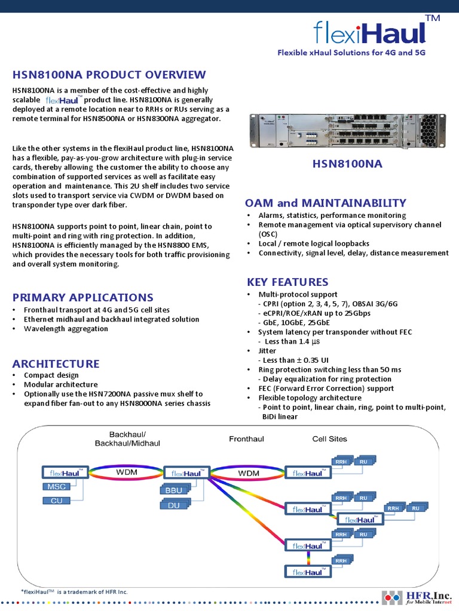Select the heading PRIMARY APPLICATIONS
[83, 297]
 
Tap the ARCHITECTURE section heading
[56, 363]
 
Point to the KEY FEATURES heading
[287, 282]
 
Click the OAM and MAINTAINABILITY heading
[326, 203]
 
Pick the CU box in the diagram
[57, 501]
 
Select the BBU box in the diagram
[175, 490]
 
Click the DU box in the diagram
[173, 505]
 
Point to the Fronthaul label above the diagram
[246, 439]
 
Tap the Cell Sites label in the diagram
[329, 439]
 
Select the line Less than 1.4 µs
[290, 341]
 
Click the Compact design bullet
[51, 375]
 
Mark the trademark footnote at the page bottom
[75, 592]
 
